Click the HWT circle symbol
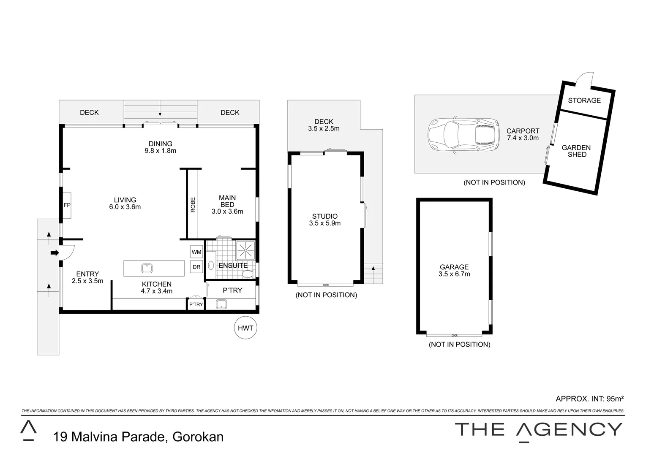[245, 328]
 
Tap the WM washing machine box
[196, 252]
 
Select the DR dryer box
[196, 267]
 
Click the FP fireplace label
[67, 205]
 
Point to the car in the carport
[461, 134]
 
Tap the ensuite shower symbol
[245, 250]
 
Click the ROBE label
[193, 205]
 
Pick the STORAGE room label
[584, 100]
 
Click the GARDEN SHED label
[576, 151]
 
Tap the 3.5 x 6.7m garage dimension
[454, 274]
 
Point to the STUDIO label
[325, 216]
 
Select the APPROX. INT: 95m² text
[590, 399]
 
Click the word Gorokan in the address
[198, 437]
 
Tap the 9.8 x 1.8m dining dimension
[160, 150]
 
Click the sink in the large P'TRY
[221, 304]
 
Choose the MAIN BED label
[227, 201]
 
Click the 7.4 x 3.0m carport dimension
[523, 138]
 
